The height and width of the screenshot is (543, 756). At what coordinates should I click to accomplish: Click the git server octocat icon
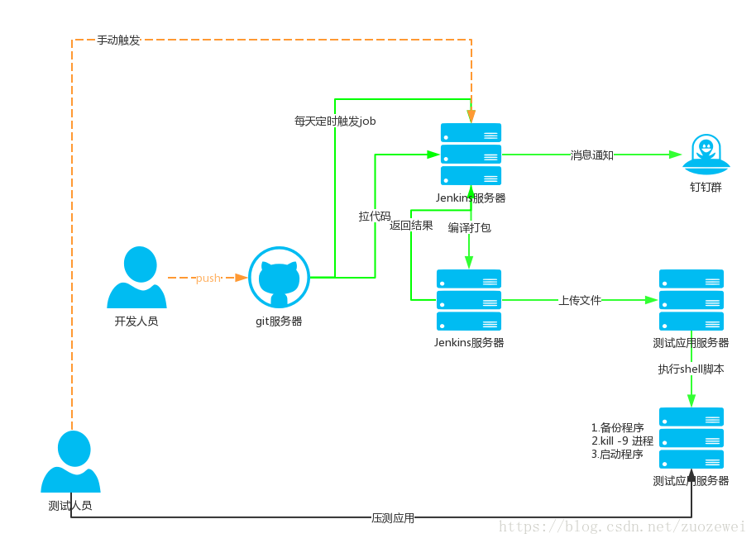(x=280, y=278)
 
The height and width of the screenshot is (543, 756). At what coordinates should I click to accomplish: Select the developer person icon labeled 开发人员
(x=137, y=278)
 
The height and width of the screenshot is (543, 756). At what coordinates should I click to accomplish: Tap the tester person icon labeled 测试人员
(x=71, y=461)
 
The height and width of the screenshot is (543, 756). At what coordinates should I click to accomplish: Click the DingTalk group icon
(x=706, y=155)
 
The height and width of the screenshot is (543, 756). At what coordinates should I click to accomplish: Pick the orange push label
(x=208, y=278)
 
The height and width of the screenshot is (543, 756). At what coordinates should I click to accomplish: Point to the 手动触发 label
(x=118, y=40)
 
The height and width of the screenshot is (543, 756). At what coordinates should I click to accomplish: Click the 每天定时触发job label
(x=335, y=121)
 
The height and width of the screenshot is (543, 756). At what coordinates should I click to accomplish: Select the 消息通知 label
(x=592, y=155)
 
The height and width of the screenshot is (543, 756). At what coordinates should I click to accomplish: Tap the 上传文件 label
(x=580, y=301)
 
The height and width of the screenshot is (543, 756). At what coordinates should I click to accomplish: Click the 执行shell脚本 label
(x=691, y=369)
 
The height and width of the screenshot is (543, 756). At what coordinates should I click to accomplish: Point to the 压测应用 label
(x=393, y=518)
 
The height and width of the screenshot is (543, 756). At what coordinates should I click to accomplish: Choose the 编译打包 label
(x=470, y=227)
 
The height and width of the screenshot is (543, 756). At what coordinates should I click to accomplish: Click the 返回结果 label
(x=411, y=226)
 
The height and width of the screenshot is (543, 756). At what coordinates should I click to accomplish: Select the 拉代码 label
(x=375, y=216)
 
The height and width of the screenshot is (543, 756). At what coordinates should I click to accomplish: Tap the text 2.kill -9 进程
(x=623, y=441)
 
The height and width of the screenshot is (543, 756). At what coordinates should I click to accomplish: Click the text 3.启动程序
(x=617, y=454)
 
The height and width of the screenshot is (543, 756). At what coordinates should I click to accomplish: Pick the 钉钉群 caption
(x=706, y=187)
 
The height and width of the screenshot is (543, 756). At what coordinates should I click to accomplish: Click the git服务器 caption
(x=279, y=322)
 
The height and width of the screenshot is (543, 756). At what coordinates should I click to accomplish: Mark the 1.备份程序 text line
(x=618, y=427)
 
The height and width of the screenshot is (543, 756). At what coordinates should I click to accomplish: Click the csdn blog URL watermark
(x=622, y=526)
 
